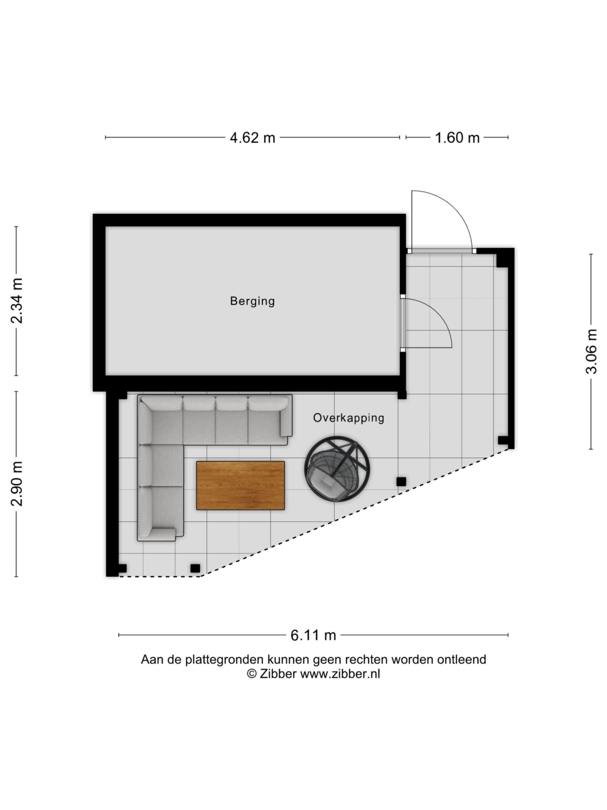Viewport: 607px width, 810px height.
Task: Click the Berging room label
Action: pyautogui.click(x=252, y=301)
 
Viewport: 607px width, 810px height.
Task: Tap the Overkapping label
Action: pyautogui.click(x=348, y=418)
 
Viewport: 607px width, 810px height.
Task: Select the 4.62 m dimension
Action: pyautogui.click(x=252, y=138)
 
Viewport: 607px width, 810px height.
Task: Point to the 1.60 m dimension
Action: pyautogui.click(x=457, y=138)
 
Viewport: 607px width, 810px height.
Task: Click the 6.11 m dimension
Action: pyautogui.click(x=313, y=635)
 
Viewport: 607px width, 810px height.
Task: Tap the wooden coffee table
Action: pyautogui.click(x=241, y=485)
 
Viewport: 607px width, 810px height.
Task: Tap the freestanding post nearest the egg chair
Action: pyautogui.click(x=401, y=481)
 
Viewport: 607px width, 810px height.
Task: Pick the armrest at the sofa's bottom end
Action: pyautogui.click(x=163, y=534)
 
